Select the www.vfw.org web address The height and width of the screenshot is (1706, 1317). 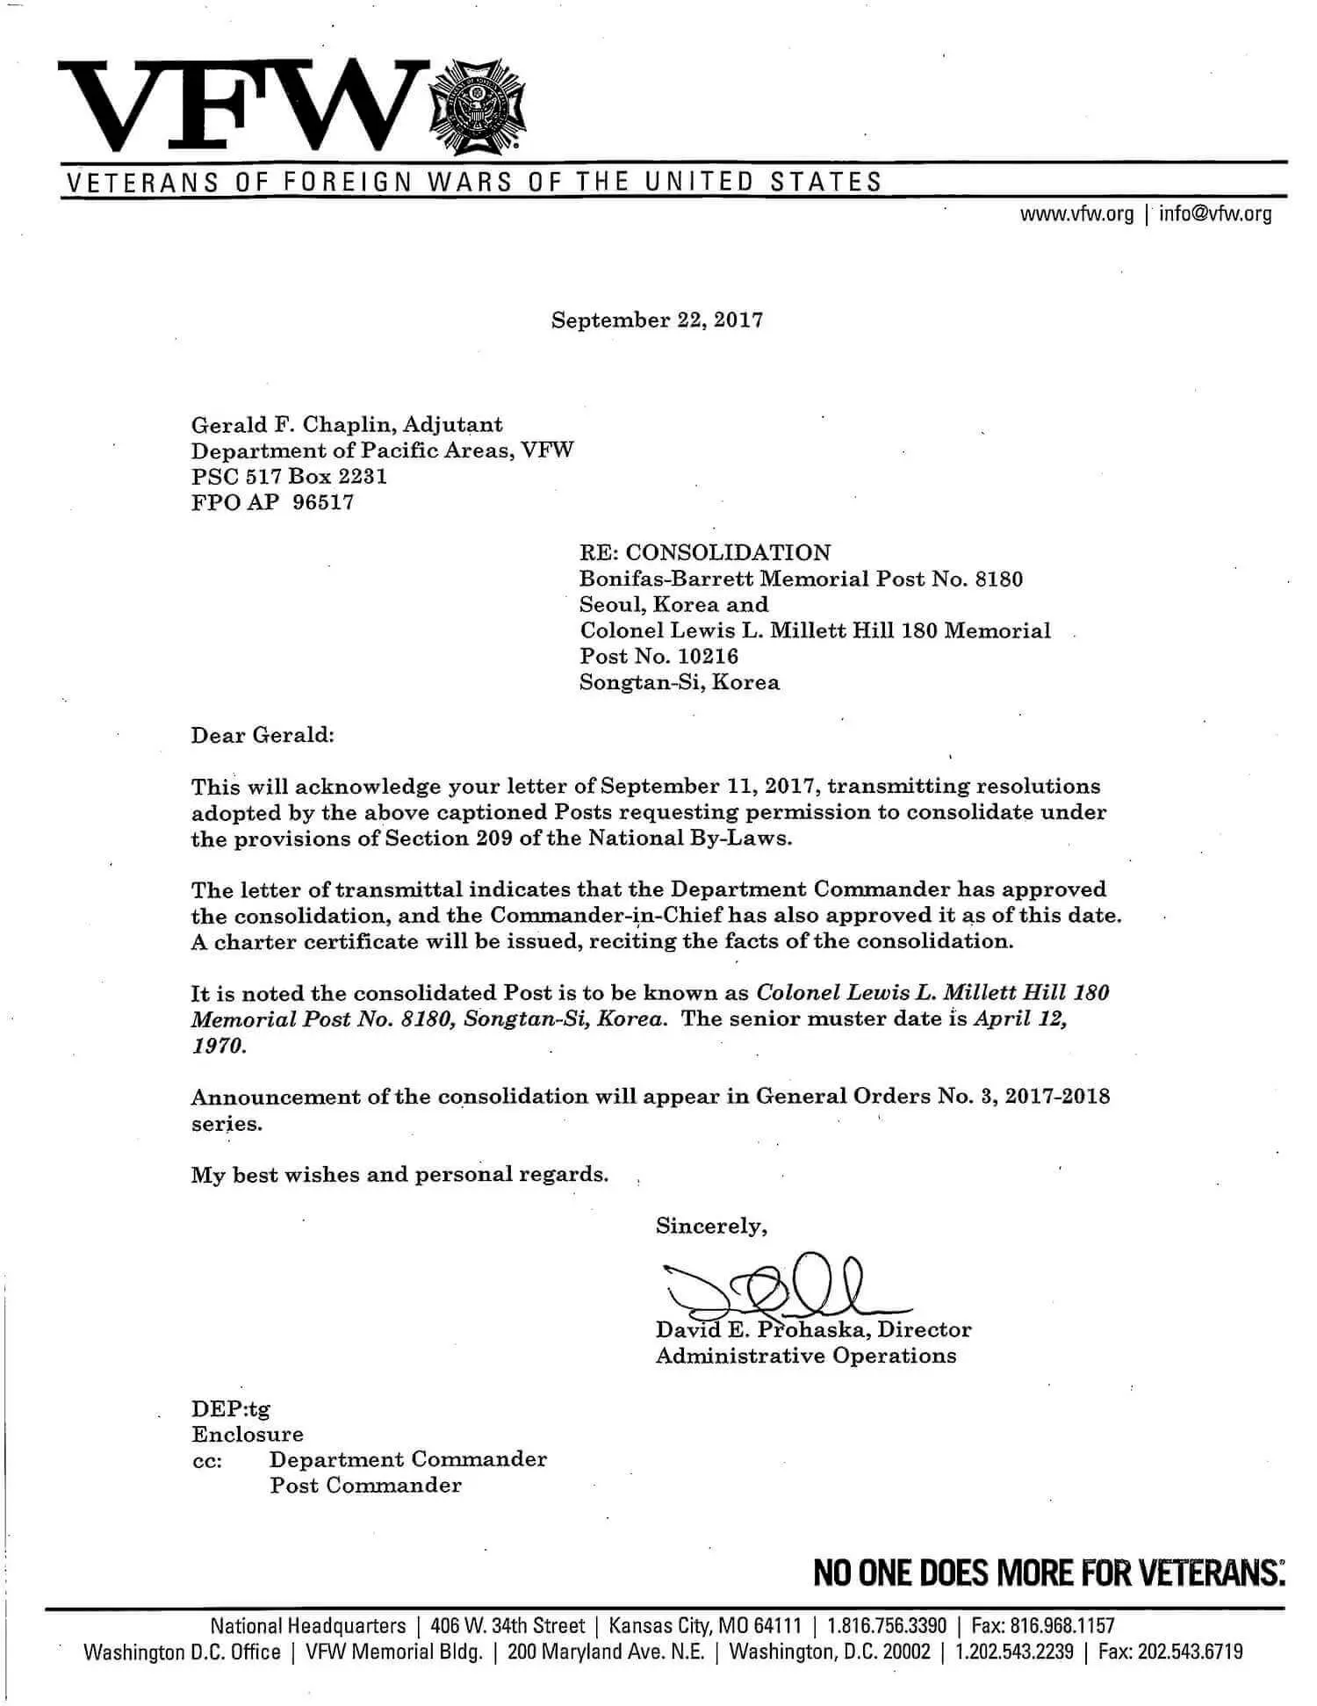point(1076,213)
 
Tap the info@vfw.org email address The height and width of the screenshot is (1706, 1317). point(1215,213)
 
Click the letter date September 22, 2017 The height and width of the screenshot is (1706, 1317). point(657,320)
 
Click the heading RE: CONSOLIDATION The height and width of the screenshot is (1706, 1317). point(704,552)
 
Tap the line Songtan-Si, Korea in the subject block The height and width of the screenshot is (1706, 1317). point(679,682)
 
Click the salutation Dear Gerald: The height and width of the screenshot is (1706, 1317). point(263,734)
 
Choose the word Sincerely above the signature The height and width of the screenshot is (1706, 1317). point(710,1226)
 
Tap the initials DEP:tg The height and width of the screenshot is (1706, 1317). point(231,1408)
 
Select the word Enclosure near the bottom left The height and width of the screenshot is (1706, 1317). point(248,1434)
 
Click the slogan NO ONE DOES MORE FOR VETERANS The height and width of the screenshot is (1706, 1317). point(1048,1573)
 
